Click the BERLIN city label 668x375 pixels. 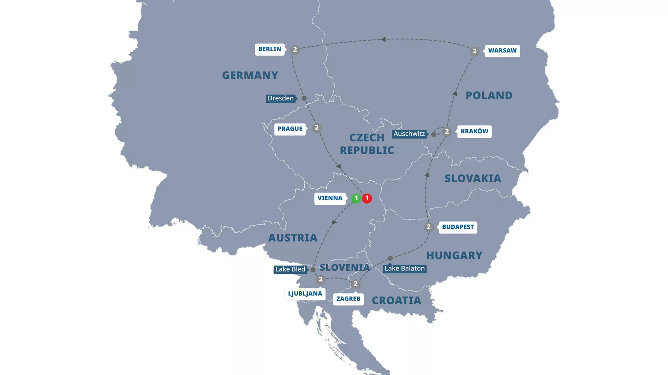(x=270, y=49)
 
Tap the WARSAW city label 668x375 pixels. (x=502, y=51)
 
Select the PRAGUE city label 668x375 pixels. (x=290, y=129)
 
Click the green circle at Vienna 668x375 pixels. (x=356, y=198)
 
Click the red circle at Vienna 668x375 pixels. (x=367, y=198)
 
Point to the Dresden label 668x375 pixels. (x=281, y=98)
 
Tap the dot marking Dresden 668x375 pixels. (x=304, y=98)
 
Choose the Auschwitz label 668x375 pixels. (x=409, y=134)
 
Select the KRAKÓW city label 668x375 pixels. (x=474, y=132)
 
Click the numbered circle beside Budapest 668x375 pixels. (x=428, y=227)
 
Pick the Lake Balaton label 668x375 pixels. (x=405, y=269)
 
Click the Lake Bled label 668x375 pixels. (x=290, y=269)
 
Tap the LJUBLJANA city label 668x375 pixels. (x=305, y=294)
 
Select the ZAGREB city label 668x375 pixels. (x=348, y=299)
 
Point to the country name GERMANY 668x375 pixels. (x=250, y=75)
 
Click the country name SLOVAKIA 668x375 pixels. (x=472, y=178)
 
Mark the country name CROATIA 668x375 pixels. (x=396, y=300)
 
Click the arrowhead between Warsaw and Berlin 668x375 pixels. (x=383, y=39)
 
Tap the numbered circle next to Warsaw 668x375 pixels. (x=474, y=51)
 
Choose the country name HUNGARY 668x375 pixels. (x=454, y=255)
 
